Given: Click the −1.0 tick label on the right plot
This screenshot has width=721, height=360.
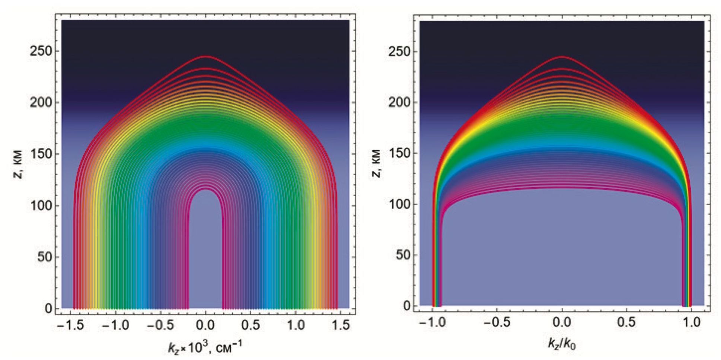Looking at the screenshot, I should point(432,322).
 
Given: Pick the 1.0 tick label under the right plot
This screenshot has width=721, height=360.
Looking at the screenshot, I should point(691,322).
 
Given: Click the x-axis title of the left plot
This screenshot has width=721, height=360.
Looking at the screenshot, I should point(205,348).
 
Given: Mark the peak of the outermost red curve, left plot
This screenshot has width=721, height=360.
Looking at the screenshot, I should point(205,57).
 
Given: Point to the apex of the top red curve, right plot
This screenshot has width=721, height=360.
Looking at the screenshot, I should point(562,57).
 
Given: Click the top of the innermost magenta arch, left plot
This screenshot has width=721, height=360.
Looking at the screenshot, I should point(205,190).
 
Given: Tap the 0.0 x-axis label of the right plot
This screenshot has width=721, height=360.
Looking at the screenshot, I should point(562,322).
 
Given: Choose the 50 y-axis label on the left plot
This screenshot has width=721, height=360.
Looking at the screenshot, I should point(45,257).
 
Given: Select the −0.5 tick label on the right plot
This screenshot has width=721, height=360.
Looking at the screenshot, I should point(496,322).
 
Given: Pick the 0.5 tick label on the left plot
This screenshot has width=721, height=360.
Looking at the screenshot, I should point(251,325).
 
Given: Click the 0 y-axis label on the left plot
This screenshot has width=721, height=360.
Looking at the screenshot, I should point(49,309).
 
